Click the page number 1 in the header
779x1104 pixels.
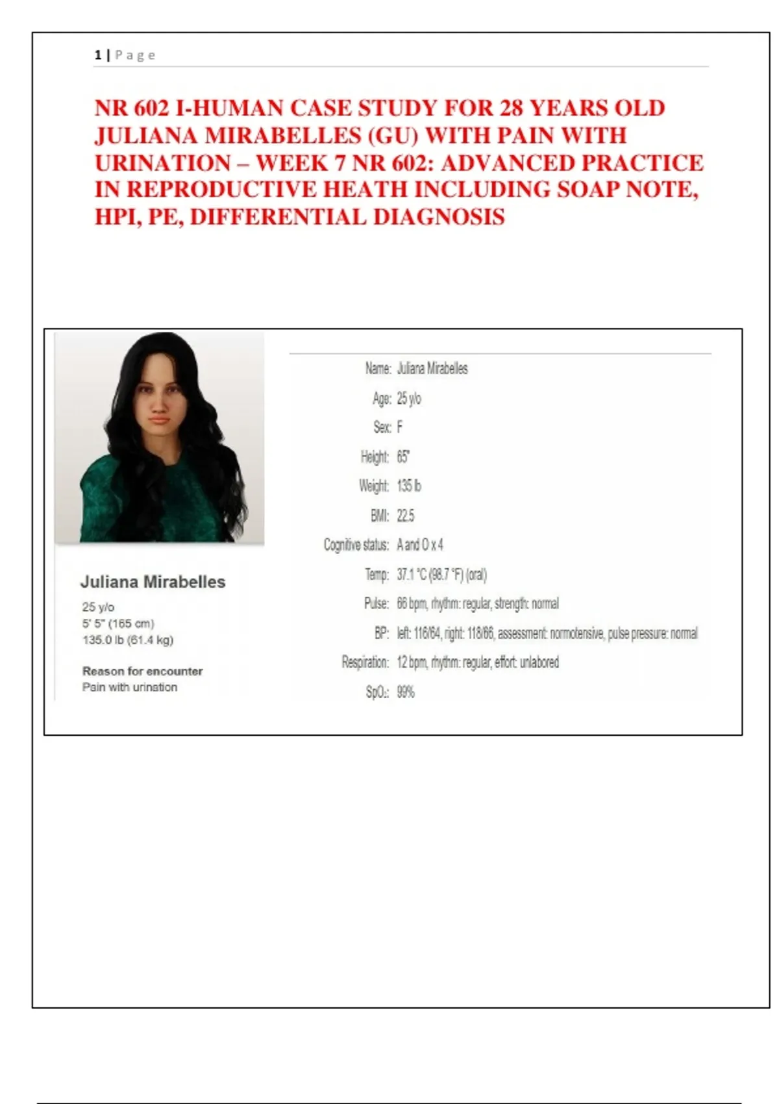[x=98, y=55]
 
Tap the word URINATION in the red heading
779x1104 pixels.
[x=163, y=163]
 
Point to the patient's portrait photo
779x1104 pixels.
[x=160, y=437]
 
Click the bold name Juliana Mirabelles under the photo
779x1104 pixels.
[x=153, y=582]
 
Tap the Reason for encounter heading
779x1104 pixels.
[x=142, y=671]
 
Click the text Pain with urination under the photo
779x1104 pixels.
[x=129, y=687]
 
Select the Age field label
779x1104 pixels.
[x=382, y=398]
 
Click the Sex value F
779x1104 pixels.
[x=400, y=427]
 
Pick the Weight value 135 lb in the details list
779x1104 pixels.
[x=409, y=486]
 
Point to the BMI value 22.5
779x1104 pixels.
[x=406, y=516]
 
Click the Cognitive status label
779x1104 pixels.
[x=356, y=545]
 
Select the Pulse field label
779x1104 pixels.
[x=377, y=604]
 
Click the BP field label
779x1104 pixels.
[x=381, y=633]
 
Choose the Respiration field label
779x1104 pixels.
[x=365, y=662]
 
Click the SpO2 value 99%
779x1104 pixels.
[x=406, y=692]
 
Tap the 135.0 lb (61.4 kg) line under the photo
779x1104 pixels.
[x=128, y=640]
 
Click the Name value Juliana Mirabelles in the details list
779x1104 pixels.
[x=432, y=369]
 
